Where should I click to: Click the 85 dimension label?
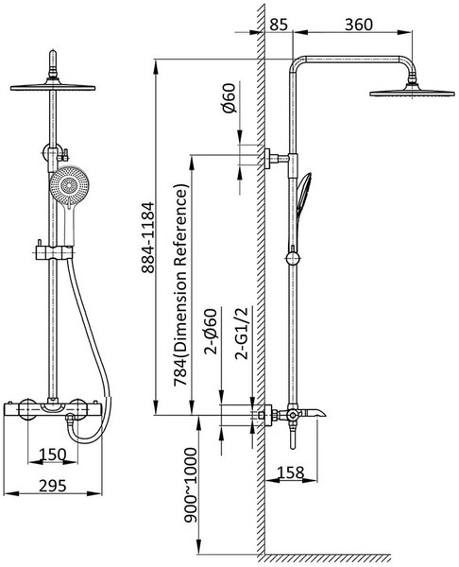tap(279, 25)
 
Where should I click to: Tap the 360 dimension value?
tap(358, 25)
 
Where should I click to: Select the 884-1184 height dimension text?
tap(147, 237)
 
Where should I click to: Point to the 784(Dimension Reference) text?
tap(181, 285)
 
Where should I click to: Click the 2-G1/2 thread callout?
tap(242, 333)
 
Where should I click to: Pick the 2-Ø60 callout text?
tap(211, 331)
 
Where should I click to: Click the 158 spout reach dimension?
tap(291, 472)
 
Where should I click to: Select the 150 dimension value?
tap(53, 455)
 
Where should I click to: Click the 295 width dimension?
tap(53, 486)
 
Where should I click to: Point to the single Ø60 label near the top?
tap(229, 97)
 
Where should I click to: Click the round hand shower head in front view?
tap(69, 186)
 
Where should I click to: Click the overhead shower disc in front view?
tap(53, 87)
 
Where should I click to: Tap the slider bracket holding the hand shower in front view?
tap(54, 251)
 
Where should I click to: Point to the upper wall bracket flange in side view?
tap(268, 159)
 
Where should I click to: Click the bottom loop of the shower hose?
tap(88, 437)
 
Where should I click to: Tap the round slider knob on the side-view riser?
tap(293, 259)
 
